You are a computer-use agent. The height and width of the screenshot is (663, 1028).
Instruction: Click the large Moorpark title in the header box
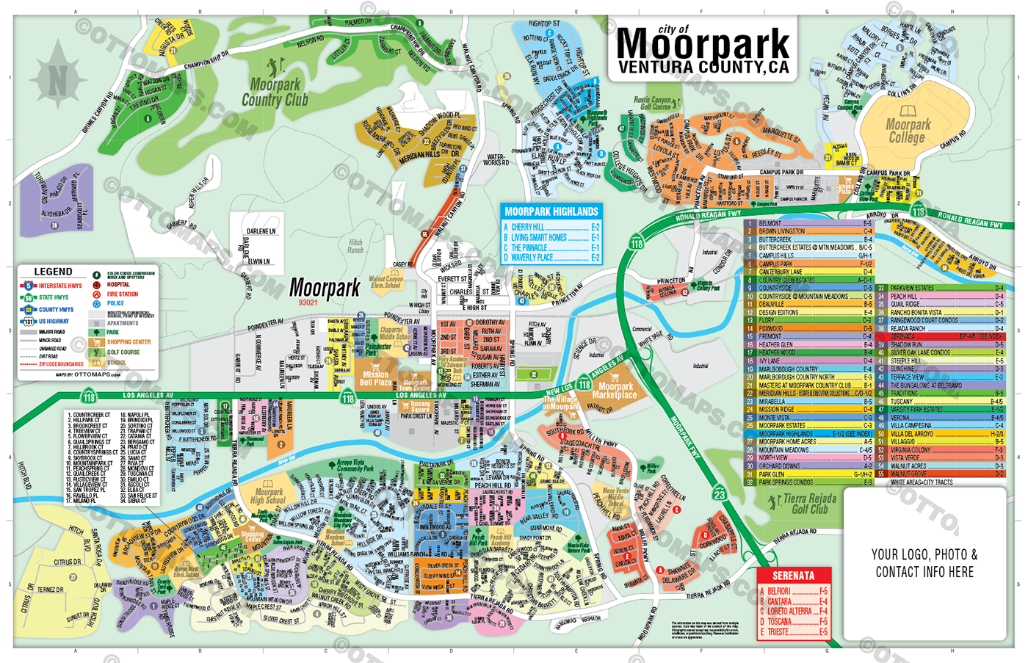pyautogui.click(x=703, y=44)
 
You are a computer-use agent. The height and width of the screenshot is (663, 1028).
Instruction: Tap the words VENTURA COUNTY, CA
pyautogui.click(x=703, y=68)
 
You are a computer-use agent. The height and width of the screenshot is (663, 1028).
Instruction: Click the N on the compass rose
pyautogui.click(x=57, y=78)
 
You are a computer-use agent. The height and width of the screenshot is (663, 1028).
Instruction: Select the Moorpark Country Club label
pyautogui.click(x=275, y=93)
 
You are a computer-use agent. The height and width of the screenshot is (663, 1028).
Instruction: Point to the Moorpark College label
pyautogui.click(x=908, y=131)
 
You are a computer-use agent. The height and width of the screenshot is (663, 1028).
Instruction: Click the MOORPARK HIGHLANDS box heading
pyautogui.click(x=551, y=211)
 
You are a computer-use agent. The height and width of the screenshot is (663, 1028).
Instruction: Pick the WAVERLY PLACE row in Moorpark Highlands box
pyautogui.click(x=551, y=258)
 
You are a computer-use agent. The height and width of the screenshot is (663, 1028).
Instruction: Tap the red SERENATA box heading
pyautogui.click(x=793, y=576)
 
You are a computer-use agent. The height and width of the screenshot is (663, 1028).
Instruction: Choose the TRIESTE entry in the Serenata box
pyautogui.click(x=793, y=631)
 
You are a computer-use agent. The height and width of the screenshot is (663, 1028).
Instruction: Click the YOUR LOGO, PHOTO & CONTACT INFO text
pyautogui.click(x=924, y=563)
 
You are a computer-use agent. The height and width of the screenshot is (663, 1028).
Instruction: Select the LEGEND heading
pyautogui.click(x=53, y=272)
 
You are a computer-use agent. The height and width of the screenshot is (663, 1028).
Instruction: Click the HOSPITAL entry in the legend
pyautogui.click(x=117, y=285)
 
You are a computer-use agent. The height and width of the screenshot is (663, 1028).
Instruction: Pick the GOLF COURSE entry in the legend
pyautogui.click(x=123, y=352)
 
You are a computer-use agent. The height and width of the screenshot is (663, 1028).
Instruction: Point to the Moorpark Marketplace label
pyautogui.click(x=615, y=391)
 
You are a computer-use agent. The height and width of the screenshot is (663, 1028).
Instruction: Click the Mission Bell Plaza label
pyautogui.click(x=375, y=378)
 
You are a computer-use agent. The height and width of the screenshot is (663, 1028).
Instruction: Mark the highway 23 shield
pyautogui.click(x=720, y=494)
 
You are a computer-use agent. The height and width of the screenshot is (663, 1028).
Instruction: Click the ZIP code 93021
pyautogui.click(x=308, y=302)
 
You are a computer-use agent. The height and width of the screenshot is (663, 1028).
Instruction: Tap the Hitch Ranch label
pyautogui.click(x=356, y=246)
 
